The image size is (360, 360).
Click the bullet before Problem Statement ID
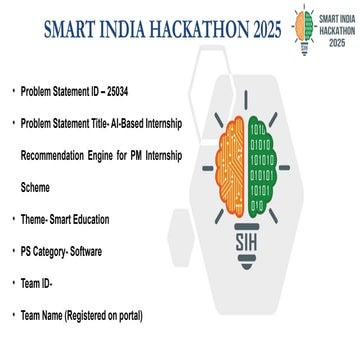coord(13,91)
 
